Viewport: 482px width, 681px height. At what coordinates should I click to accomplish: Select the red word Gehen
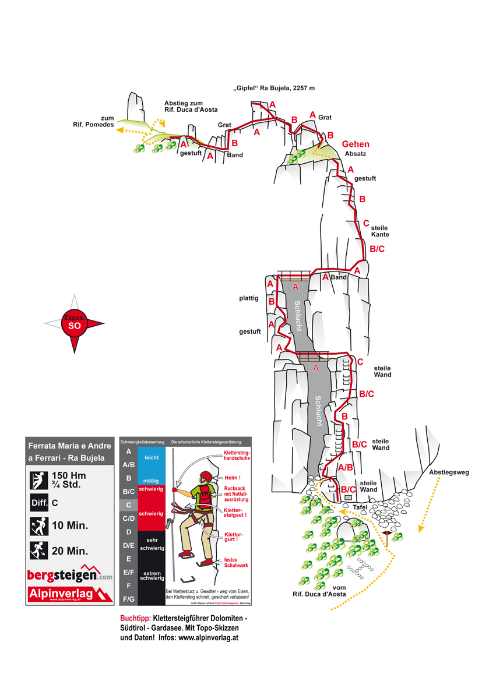pyautogui.click(x=356, y=144)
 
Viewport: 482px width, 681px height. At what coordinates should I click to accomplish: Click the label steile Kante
pyautogui.click(x=379, y=231)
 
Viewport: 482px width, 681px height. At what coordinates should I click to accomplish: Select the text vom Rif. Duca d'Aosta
pyautogui.click(x=319, y=591)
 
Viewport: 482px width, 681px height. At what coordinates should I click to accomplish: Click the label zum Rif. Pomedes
pyautogui.click(x=93, y=121)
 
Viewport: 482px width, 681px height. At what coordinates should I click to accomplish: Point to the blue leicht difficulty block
pyautogui.click(x=152, y=458)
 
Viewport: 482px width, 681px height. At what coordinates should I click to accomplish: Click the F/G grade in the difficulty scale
pyautogui.click(x=128, y=598)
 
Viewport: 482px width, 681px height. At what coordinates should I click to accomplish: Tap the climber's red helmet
pyautogui.click(x=205, y=476)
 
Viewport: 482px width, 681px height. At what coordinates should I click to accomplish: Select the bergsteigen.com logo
pyautogui.click(x=69, y=574)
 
